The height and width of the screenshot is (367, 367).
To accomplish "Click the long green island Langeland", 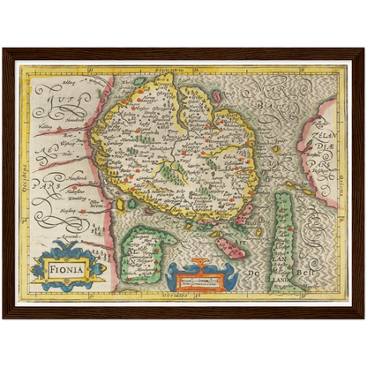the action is tap(283, 238).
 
